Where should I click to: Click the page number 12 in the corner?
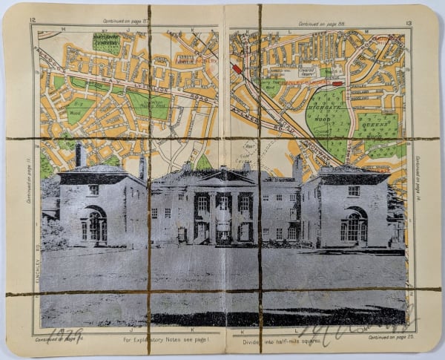[33, 23]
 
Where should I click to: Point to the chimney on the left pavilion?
[79, 156]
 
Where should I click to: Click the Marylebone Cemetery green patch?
[107, 43]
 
